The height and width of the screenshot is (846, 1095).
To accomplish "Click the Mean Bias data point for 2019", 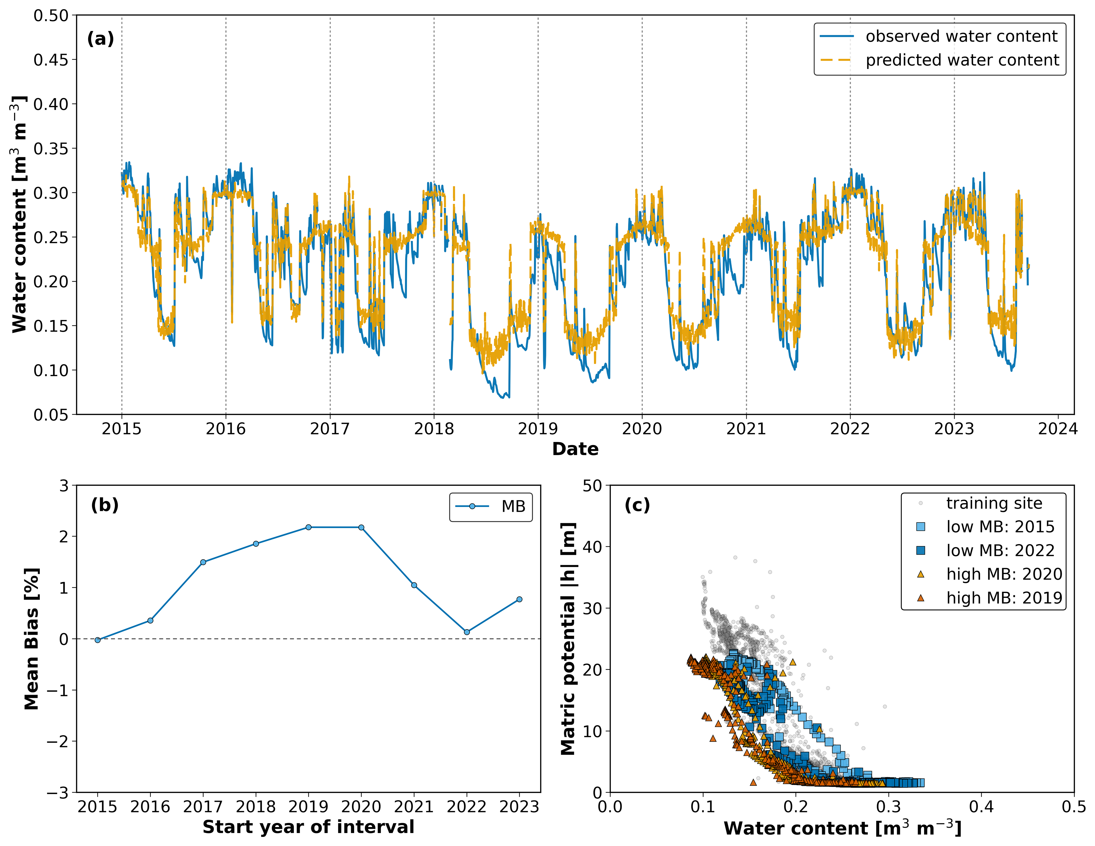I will [308, 527].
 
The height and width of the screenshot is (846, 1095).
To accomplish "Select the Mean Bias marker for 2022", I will [467, 632].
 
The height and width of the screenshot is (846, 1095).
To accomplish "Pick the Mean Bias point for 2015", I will [98, 640].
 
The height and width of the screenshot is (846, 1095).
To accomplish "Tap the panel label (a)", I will [100, 39].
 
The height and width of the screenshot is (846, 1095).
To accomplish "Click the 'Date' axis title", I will [575, 449].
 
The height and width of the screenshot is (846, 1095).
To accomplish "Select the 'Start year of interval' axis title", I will [308, 827].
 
